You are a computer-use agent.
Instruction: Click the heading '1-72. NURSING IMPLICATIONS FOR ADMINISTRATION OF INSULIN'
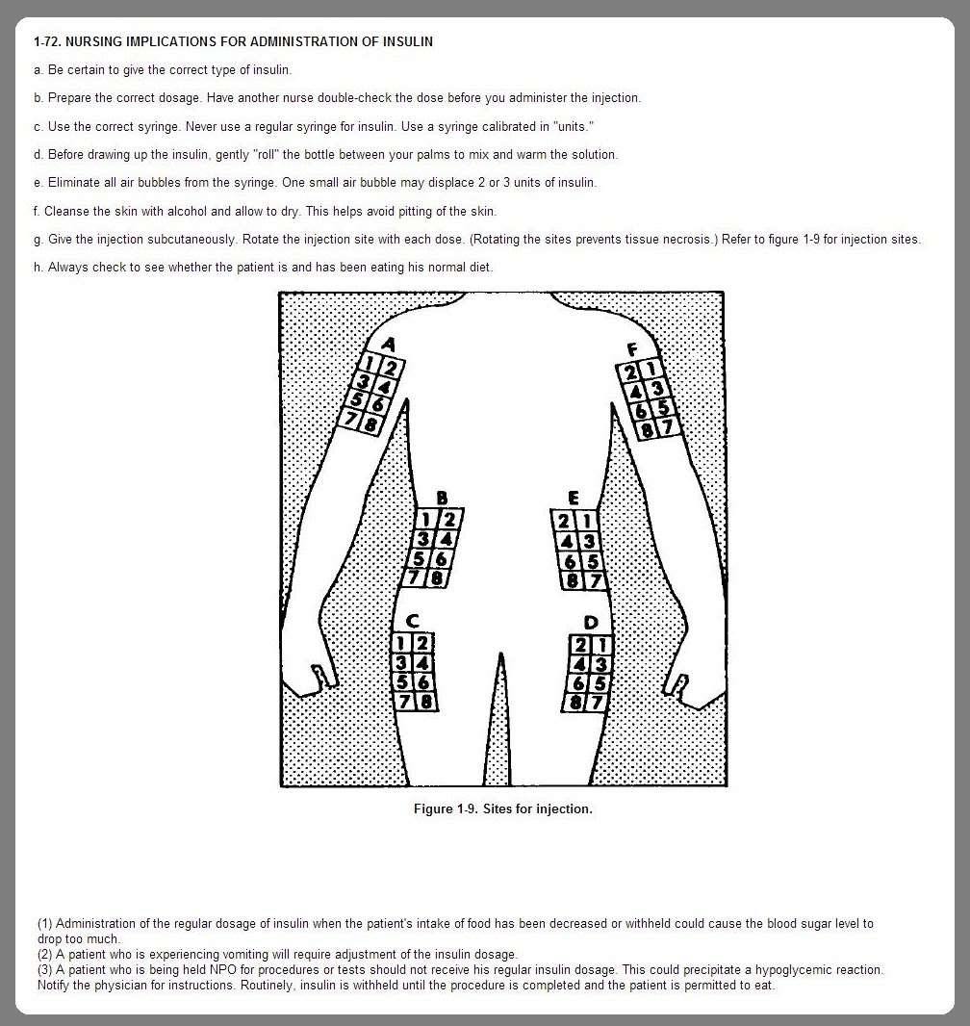coord(233,41)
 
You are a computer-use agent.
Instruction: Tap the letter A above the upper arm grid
coord(388,343)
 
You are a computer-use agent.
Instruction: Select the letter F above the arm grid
coord(632,348)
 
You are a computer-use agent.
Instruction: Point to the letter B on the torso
coord(442,498)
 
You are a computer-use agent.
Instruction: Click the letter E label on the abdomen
coord(574,498)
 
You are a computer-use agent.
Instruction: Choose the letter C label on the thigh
coord(411,621)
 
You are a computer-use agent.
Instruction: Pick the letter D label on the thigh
coord(590,623)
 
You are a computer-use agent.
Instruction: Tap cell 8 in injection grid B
coord(438,578)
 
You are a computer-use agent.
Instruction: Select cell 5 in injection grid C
coord(403,681)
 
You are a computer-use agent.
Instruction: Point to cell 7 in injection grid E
coord(594,580)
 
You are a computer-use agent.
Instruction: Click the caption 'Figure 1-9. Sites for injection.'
coord(502,808)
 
